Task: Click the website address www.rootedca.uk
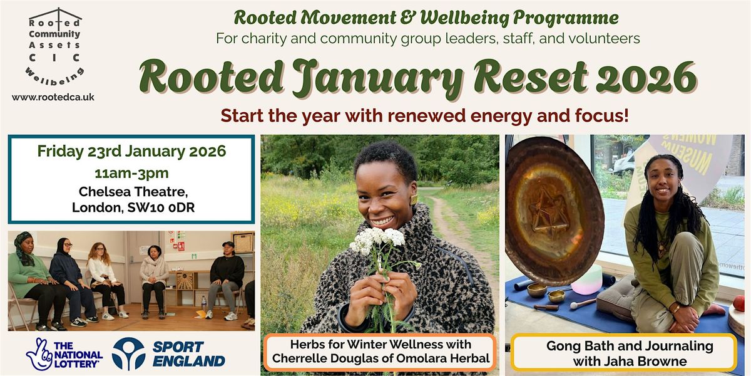[x=53, y=97]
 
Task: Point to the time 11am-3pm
[x=132, y=174]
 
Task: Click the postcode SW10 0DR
[x=161, y=207]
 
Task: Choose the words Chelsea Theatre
[x=133, y=192]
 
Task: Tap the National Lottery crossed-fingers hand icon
[x=39, y=354]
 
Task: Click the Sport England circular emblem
[x=128, y=354]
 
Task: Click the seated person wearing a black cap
[x=225, y=280]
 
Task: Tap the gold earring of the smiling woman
[x=414, y=200]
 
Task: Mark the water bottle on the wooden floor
[x=204, y=303]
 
